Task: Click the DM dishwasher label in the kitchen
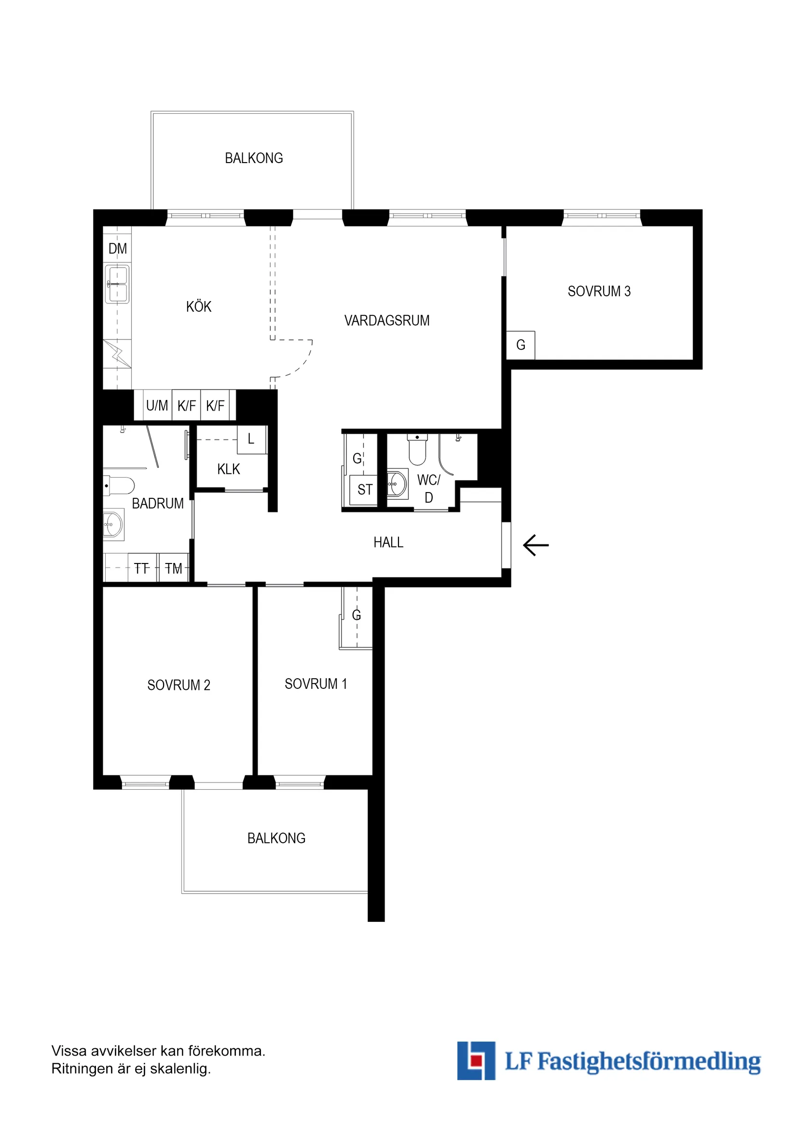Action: point(117,248)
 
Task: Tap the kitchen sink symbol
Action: point(117,284)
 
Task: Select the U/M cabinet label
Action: point(157,406)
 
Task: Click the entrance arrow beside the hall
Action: point(535,545)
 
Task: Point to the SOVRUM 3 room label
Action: point(599,291)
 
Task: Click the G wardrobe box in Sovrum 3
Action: point(521,345)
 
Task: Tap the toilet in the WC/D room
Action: point(417,450)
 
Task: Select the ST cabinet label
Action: point(364,490)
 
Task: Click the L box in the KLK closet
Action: point(251,439)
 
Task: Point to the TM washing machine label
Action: point(173,568)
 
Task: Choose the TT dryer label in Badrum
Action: point(141,568)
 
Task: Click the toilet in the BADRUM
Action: point(119,486)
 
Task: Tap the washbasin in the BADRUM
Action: point(113,525)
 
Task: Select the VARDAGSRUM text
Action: point(386,321)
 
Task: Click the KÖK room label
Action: point(199,307)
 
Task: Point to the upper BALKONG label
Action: point(254,158)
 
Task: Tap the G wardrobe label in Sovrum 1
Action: point(357,615)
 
